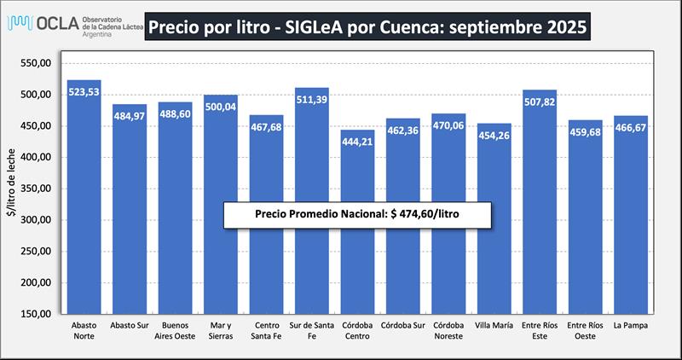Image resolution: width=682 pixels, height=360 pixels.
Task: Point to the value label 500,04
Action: pos(221,106)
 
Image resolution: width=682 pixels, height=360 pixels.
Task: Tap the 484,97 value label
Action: pos(130,115)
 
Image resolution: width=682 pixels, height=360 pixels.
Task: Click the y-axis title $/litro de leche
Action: pos(12,188)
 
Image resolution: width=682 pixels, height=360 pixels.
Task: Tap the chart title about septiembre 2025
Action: pos(367,27)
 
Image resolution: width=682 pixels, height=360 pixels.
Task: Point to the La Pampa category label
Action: pos(631,325)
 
